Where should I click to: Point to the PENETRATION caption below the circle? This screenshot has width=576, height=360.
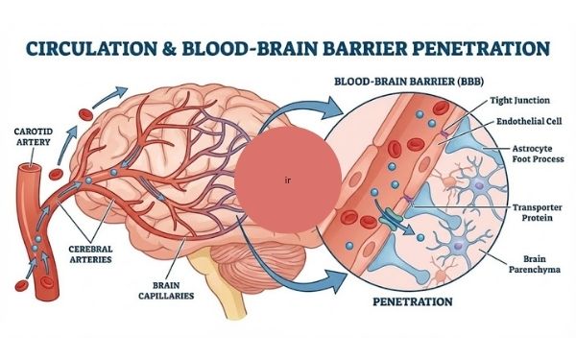[412, 301]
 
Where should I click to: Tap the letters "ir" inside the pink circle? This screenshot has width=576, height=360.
[287, 180]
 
